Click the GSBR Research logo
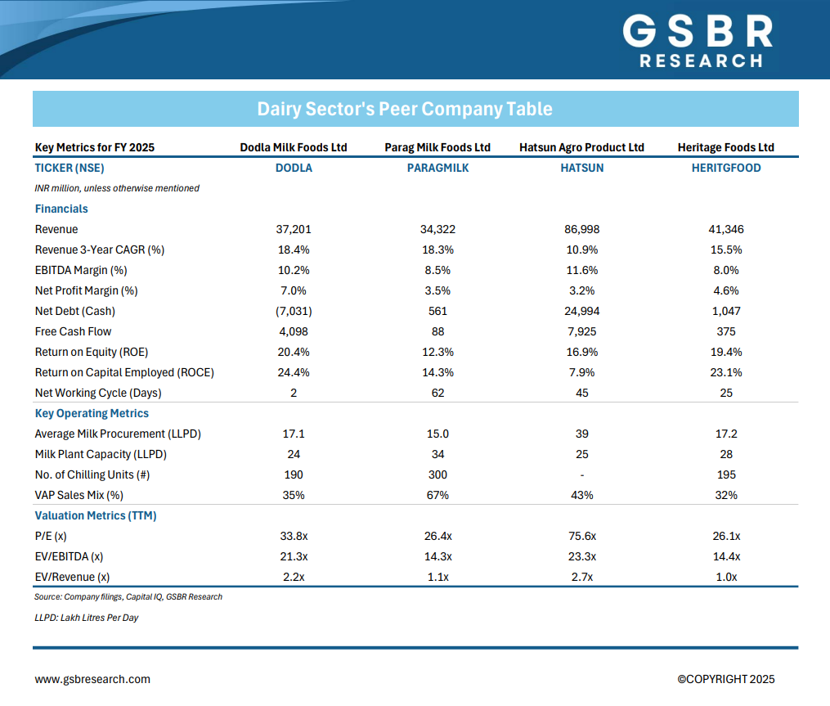pyautogui.click(x=698, y=41)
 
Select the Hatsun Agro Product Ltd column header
pyautogui.click(x=581, y=147)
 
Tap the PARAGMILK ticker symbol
pyautogui.click(x=437, y=168)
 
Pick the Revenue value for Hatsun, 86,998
pyautogui.click(x=581, y=229)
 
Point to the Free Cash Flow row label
pyautogui.click(x=73, y=331)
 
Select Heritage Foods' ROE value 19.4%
pyautogui.click(x=725, y=352)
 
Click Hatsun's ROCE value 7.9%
pyautogui.click(x=581, y=372)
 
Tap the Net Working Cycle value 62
pyautogui.click(x=437, y=393)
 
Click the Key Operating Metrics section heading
pyautogui.click(x=92, y=413)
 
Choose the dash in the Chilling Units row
pyautogui.click(x=581, y=474)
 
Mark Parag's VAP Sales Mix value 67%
pyautogui.click(x=437, y=495)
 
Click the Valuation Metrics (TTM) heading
pyautogui.click(x=96, y=515)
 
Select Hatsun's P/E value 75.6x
pyautogui.click(x=581, y=536)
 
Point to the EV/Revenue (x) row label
pyautogui.click(x=72, y=577)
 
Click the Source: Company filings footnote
pyautogui.click(x=128, y=596)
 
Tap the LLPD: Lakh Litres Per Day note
pyautogui.click(x=87, y=618)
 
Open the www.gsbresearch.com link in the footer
pyautogui.click(x=92, y=679)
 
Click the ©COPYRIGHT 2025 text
pyautogui.click(x=725, y=679)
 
